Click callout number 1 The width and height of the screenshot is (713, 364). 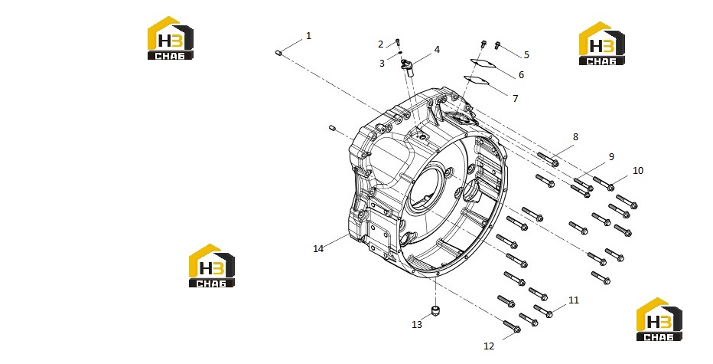(x=309, y=36)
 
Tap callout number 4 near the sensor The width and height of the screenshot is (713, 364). (x=437, y=50)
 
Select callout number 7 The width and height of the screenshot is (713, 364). (x=515, y=98)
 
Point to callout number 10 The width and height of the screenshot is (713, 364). (x=638, y=170)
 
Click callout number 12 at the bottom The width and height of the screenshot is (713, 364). (x=489, y=346)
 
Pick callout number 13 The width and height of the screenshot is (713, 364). (x=417, y=324)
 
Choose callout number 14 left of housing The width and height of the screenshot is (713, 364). (x=318, y=249)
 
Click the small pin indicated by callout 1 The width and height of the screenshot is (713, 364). (x=279, y=54)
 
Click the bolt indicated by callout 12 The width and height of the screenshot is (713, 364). (x=512, y=326)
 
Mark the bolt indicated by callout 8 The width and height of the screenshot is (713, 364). (x=549, y=159)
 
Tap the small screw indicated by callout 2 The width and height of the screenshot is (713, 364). (x=398, y=42)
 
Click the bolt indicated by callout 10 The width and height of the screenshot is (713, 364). (x=604, y=183)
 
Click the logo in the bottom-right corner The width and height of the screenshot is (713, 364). (x=659, y=320)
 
